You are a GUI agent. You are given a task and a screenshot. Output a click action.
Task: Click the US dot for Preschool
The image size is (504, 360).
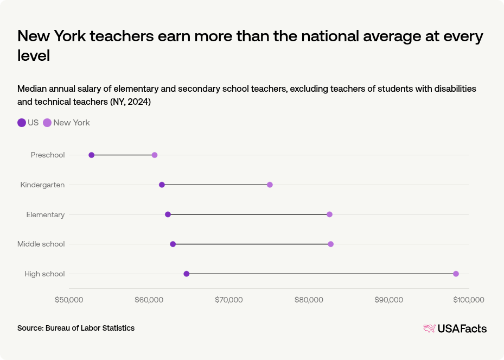(91, 155)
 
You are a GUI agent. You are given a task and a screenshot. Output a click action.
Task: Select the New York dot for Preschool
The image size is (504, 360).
(155, 155)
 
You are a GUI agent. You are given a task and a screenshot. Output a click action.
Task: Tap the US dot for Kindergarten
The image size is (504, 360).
(162, 185)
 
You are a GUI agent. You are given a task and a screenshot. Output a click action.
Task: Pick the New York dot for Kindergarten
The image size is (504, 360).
(270, 185)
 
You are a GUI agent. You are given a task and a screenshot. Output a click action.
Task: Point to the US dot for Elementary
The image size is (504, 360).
(168, 214)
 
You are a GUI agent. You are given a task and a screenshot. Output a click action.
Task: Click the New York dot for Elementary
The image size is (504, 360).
(329, 214)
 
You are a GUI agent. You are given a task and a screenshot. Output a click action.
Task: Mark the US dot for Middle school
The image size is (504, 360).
(173, 244)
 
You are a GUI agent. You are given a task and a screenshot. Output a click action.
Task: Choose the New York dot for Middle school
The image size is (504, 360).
(330, 244)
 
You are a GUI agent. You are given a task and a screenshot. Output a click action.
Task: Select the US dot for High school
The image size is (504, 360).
(187, 274)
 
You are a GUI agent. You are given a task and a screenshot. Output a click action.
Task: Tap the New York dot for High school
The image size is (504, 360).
(456, 274)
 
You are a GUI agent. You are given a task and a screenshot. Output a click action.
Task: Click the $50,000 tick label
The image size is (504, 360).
(69, 300)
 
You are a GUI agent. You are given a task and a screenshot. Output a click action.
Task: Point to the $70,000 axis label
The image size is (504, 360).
(229, 300)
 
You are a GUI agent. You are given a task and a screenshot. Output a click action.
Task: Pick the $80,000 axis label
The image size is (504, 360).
(309, 300)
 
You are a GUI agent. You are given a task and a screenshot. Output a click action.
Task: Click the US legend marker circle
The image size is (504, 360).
(22, 123)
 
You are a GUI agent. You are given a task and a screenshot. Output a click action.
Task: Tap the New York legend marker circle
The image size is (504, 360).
(47, 123)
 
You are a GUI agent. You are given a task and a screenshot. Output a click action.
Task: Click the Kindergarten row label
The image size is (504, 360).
(42, 185)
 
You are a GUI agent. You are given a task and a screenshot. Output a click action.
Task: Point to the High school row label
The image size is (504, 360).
(44, 274)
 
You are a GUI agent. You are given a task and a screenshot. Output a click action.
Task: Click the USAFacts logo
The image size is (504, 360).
(455, 329)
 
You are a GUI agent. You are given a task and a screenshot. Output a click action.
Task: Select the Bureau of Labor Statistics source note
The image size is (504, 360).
(76, 328)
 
